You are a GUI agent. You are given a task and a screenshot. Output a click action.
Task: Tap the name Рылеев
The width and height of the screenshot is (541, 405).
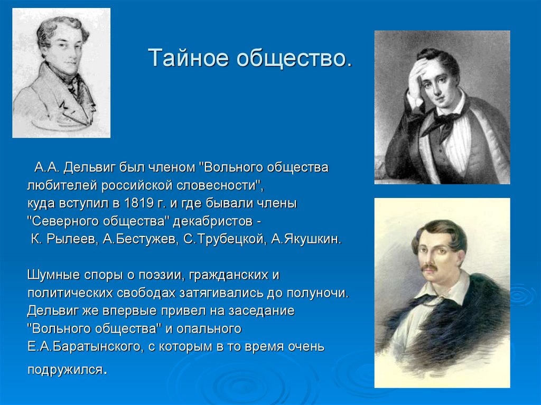point(70,239)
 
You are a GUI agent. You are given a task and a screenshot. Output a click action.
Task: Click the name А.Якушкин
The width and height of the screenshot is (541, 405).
point(306,239)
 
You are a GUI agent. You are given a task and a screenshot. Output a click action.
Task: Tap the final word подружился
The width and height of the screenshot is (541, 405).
point(66,369)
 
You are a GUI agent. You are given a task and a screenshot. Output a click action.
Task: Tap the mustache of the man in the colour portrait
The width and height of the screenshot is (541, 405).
point(430,268)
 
